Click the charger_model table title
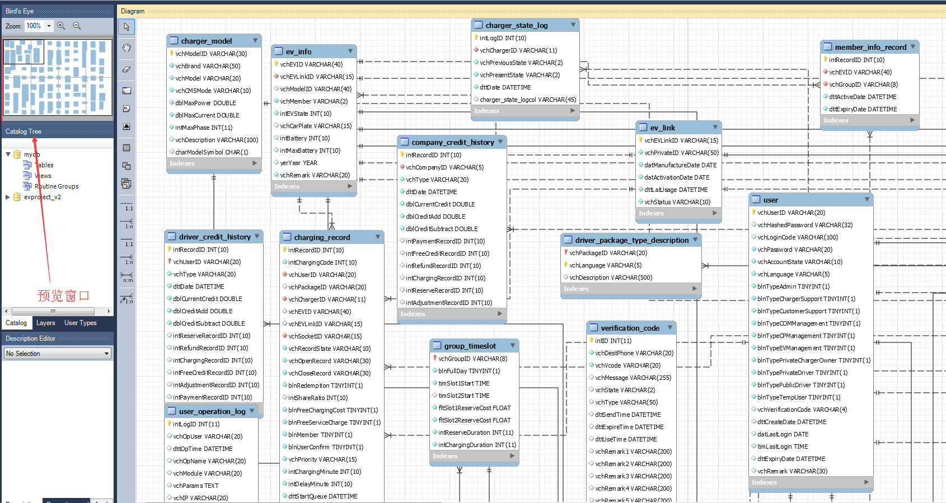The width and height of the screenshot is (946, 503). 206,41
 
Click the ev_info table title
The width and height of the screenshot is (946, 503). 298,51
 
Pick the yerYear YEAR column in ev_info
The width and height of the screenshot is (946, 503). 298,163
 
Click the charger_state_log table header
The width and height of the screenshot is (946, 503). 516,25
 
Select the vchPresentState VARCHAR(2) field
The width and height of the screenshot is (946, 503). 519,75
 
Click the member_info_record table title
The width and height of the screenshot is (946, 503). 870,47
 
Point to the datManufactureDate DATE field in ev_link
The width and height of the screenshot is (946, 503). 680,165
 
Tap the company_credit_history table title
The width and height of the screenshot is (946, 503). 452,142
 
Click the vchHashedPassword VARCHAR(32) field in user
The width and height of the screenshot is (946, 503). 804,225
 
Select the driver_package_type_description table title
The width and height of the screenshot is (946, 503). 631,240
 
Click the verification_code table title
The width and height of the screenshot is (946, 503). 630,328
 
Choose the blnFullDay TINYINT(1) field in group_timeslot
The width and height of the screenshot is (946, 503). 469,371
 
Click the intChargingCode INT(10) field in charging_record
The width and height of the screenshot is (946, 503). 322,262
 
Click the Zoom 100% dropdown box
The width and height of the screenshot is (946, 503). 38,26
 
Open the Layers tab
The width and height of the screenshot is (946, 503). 45,323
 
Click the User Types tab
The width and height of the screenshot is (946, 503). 80,323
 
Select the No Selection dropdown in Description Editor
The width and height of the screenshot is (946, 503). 57,354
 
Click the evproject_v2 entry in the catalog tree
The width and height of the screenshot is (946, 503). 42,197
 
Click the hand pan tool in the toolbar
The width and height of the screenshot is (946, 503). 127,48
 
